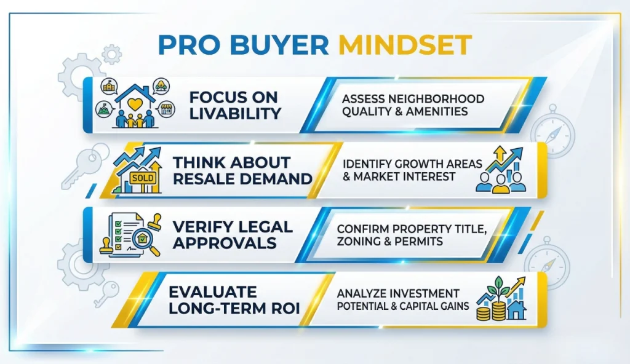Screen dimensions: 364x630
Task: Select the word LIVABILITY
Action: click(235, 113)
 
